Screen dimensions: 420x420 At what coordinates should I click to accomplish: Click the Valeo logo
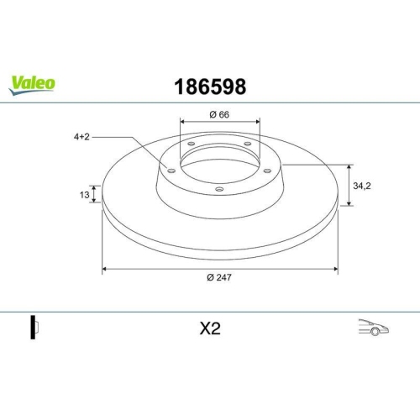[x=33, y=82]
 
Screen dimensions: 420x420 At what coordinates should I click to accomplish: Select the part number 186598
[x=209, y=86]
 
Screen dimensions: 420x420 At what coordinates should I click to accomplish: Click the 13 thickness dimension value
[x=85, y=194]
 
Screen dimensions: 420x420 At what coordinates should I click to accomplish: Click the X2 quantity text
[x=209, y=329]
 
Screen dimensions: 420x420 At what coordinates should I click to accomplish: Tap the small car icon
[x=372, y=328]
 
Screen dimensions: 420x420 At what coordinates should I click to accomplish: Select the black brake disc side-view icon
[x=34, y=328]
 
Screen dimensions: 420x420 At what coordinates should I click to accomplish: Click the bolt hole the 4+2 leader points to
[x=171, y=171]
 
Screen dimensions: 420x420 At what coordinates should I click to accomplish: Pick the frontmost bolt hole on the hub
[x=219, y=189]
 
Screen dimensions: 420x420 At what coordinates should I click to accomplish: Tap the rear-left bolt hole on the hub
[x=191, y=144]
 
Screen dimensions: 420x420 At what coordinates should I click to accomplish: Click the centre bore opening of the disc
[x=219, y=163]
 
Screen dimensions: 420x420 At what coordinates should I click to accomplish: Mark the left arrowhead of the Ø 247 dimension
[x=104, y=269]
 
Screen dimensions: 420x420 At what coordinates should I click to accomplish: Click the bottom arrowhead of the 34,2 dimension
[x=349, y=204]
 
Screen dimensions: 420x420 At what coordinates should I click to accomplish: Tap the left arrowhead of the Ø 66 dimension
[x=181, y=122]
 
